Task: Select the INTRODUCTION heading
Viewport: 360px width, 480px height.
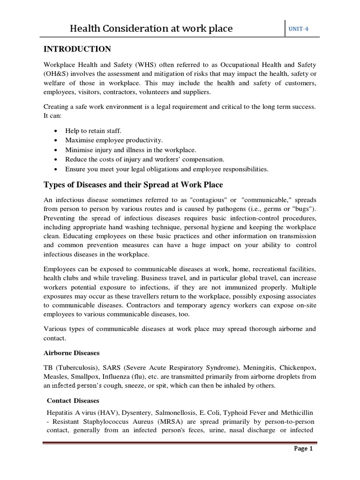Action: [77, 49]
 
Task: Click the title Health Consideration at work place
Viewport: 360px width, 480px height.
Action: [151, 29]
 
